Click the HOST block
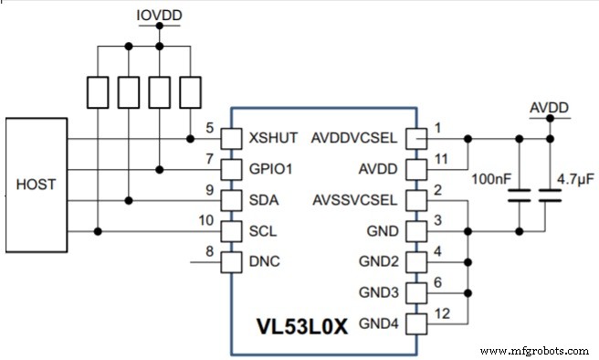pos(36,185)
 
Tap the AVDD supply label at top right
pos(550,109)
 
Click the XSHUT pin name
pos(273,138)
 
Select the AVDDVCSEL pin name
pos(353,138)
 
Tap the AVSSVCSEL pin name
pos(353,200)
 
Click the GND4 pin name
pos(378,323)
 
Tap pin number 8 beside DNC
pos(210,250)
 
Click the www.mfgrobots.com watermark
pos(533,350)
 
